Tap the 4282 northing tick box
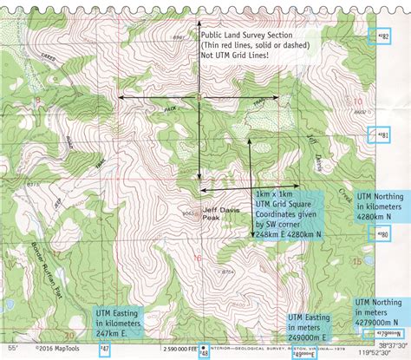click(x=379, y=36)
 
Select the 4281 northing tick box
click(x=379, y=135)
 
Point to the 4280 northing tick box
click(x=379, y=235)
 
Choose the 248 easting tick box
click(x=205, y=351)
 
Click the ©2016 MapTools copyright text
click(x=51, y=350)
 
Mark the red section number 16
click(x=198, y=258)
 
